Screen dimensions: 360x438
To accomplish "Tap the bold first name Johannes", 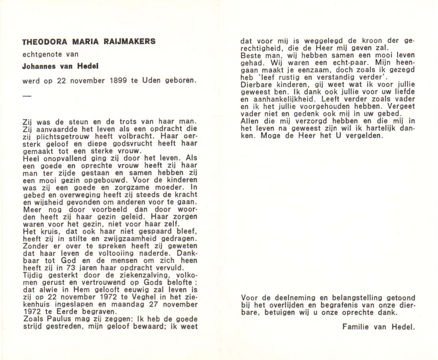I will point(39,66).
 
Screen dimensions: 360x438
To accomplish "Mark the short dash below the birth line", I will point(27,96).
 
